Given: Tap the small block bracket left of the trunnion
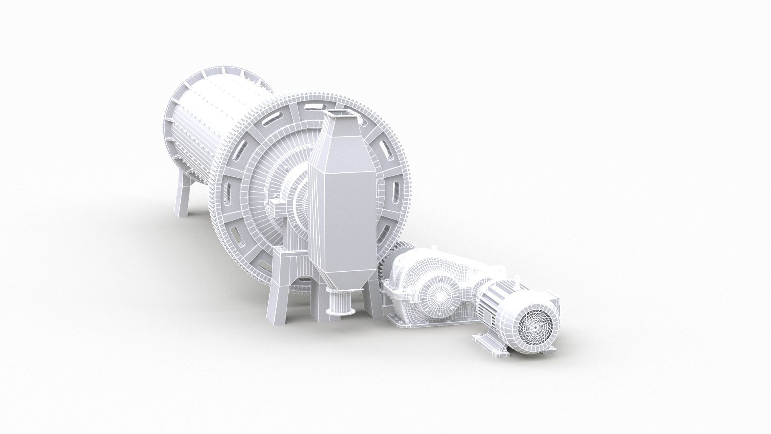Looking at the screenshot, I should tap(277, 209).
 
